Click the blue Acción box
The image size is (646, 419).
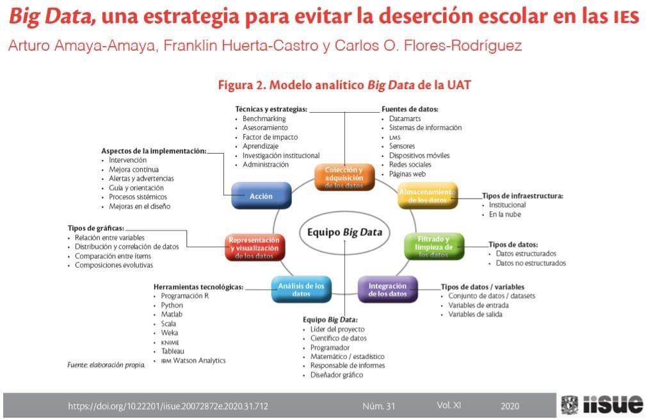pyautogui.click(x=261, y=196)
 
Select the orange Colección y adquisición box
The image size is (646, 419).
pyautogui.click(x=344, y=177)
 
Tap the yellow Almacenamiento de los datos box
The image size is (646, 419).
pyautogui.click(x=428, y=195)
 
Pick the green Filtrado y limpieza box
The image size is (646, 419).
pyautogui.click(x=434, y=247)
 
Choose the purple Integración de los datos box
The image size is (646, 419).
pyautogui.click(x=388, y=290)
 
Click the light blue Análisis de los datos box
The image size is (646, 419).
pyautogui.click(x=301, y=290)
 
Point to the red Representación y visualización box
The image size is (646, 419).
pyautogui.click(x=255, y=247)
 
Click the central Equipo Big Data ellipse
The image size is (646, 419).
pyautogui.click(x=345, y=232)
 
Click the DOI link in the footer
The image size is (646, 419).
pyautogui.click(x=168, y=406)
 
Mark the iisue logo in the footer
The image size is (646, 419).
pyautogui.click(x=602, y=404)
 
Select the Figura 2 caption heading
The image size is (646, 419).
pyautogui.click(x=344, y=85)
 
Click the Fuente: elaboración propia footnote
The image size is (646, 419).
pyautogui.click(x=106, y=365)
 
